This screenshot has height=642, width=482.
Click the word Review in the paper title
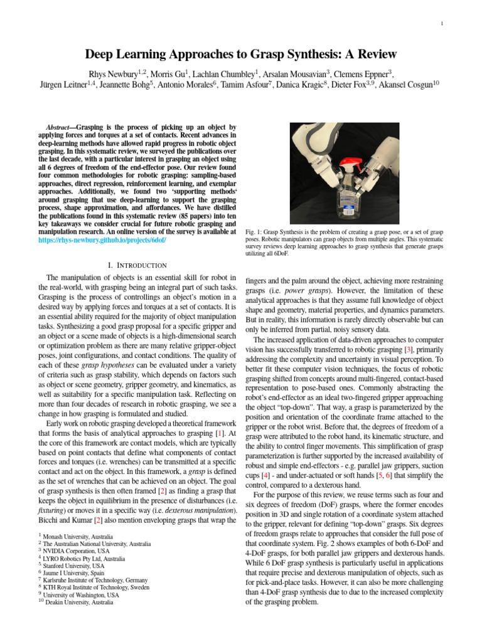(375, 54)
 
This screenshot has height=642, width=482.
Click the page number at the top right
(442, 24)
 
